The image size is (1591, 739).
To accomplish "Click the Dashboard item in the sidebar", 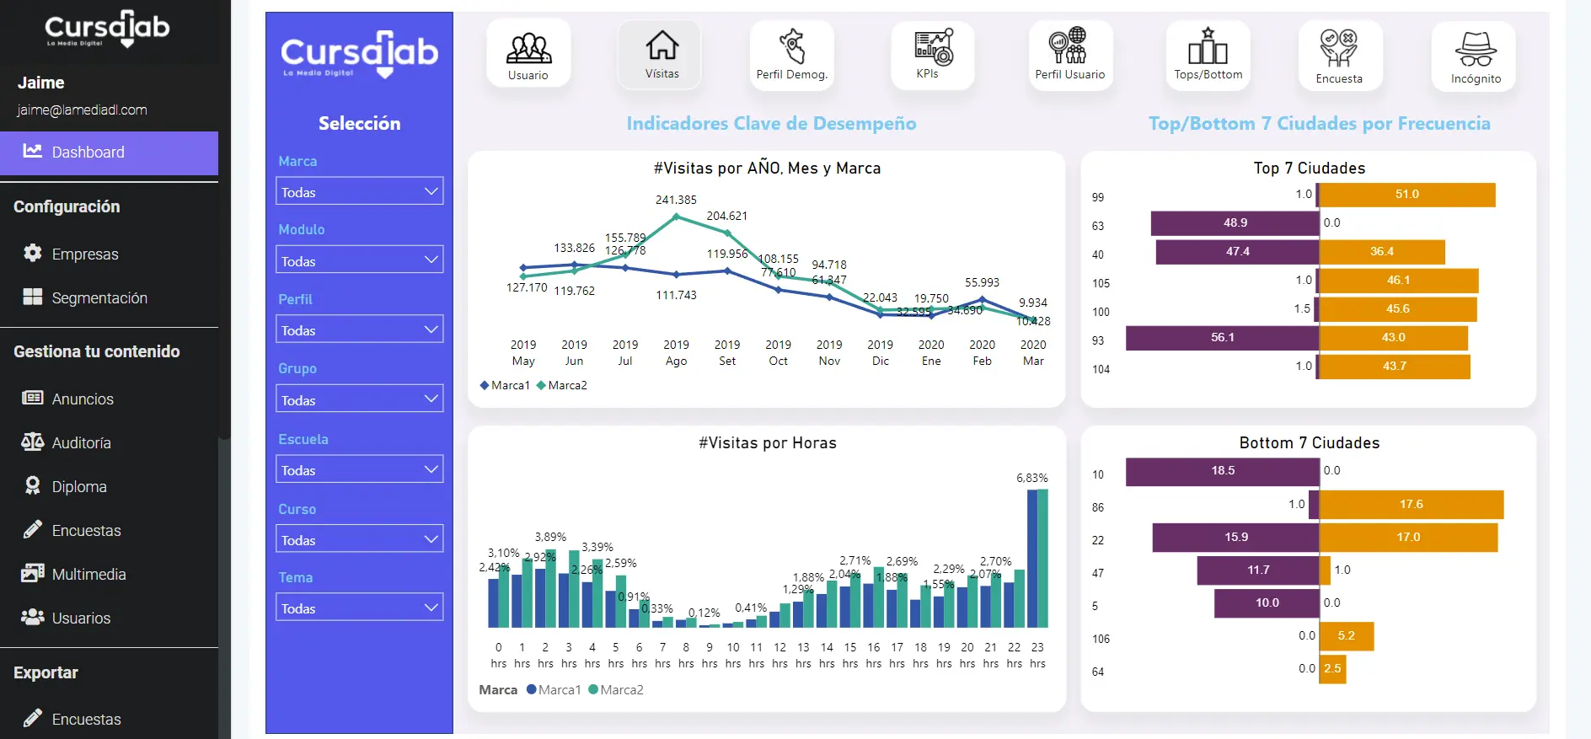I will (x=88, y=153).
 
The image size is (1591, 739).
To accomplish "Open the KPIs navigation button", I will (x=932, y=55).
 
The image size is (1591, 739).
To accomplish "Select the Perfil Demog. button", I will (x=791, y=55).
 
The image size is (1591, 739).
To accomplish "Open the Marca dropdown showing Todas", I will (x=359, y=192).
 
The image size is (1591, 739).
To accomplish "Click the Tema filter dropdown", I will (x=359, y=608).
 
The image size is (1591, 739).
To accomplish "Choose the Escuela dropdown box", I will (x=359, y=470).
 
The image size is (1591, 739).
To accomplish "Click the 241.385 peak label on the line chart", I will (x=676, y=200).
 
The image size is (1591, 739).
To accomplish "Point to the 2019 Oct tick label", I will (x=778, y=353).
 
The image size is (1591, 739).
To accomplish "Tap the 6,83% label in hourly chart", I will (x=1031, y=478).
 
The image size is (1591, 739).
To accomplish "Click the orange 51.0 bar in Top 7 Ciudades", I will (x=1407, y=195).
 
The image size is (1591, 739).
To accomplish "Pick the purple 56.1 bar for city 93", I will (x=1222, y=338).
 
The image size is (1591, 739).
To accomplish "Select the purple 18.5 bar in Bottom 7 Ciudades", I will (x=1222, y=471).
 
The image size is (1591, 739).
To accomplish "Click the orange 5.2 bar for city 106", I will (x=1347, y=636).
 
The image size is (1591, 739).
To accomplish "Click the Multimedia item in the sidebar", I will (x=88, y=575).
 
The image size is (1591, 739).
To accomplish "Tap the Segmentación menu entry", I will (x=99, y=298).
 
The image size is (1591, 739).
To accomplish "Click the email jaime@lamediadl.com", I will (x=82, y=110).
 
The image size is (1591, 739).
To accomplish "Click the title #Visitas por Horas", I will (x=767, y=443).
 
